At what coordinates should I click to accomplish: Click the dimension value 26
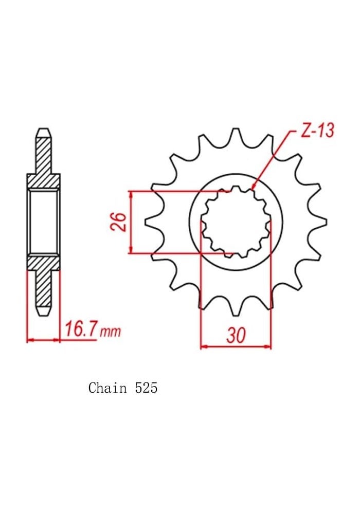(x=120, y=222)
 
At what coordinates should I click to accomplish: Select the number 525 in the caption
(x=147, y=388)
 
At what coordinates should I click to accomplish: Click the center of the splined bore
(x=236, y=222)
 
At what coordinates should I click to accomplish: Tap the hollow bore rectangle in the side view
(x=44, y=222)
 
